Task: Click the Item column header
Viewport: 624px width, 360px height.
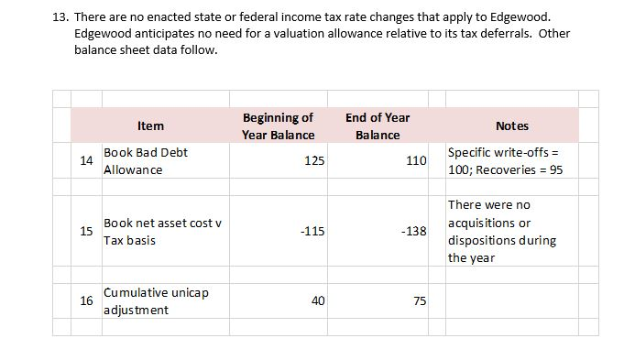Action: pyautogui.click(x=150, y=125)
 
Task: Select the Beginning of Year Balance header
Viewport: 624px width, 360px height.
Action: pyautogui.click(x=278, y=125)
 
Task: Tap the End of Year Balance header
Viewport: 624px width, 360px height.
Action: pyautogui.click(x=378, y=125)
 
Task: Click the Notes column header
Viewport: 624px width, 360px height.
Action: pyautogui.click(x=511, y=125)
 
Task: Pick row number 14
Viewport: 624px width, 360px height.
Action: pyautogui.click(x=86, y=160)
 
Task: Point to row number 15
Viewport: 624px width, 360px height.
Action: pyautogui.click(x=86, y=231)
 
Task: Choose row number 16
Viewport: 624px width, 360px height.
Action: pyautogui.click(x=86, y=300)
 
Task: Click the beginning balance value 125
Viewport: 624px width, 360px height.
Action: pyautogui.click(x=314, y=161)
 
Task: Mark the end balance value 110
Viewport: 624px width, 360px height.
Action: pyautogui.click(x=416, y=161)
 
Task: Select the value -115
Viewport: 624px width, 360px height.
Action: pyautogui.click(x=312, y=231)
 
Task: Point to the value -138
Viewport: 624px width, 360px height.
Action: pyautogui.click(x=414, y=231)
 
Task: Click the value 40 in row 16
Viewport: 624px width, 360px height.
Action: pyautogui.click(x=318, y=300)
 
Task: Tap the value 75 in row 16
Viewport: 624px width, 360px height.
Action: pyautogui.click(x=420, y=300)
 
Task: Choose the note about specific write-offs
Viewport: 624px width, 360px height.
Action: pyautogui.click(x=505, y=160)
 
